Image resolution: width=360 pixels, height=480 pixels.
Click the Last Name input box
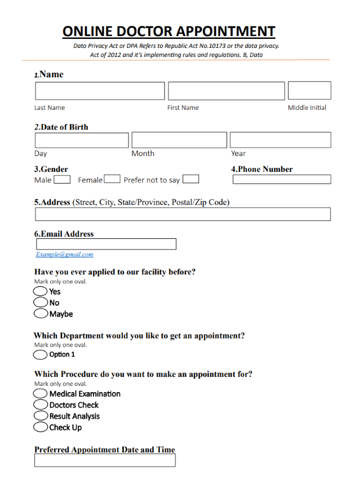pyautogui.click(x=100, y=91)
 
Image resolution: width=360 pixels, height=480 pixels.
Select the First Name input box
pyautogui.click(x=226, y=91)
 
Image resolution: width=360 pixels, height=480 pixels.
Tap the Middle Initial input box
pyautogui.click(x=309, y=91)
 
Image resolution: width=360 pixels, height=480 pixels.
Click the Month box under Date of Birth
pyautogui.click(x=179, y=140)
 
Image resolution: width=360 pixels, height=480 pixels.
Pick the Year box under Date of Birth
pyautogui.click(x=280, y=140)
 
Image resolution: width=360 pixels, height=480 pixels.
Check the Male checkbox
pyautogui.click(x=62, y=180)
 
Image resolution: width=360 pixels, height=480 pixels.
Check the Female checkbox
pyautogui.click(x=112, y=180)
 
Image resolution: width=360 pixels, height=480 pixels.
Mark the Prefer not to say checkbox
pyautogui.click(x=190, y=180)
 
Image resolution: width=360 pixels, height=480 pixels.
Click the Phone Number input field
pyautogui.click(x=282, y=180)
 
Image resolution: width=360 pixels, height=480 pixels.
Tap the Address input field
pyautogui.click(x=183, y=214)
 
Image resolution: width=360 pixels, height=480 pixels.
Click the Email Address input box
pyautogui.click(x=106, y=244)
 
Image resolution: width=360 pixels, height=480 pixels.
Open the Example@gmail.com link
pyautogui.click(x=65, y=255)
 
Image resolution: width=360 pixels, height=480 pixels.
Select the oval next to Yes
pyautogui.click(x=41, y=291)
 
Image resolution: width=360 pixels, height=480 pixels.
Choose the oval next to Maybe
pyautogui.click(x=41, y=314)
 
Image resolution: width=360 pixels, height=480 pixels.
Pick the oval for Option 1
pyautogui.click(x=41, y=354)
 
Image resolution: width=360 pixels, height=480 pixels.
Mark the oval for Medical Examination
pyautogui.click(x=41, y=393)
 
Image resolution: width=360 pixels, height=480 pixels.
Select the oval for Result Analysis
pyautogui.click(x=41, y=416)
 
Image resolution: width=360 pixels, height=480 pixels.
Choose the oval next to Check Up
pyautogui.click(x=41, y=427)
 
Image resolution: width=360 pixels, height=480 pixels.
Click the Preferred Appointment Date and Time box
pyautogui.click(x=105, y=460)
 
